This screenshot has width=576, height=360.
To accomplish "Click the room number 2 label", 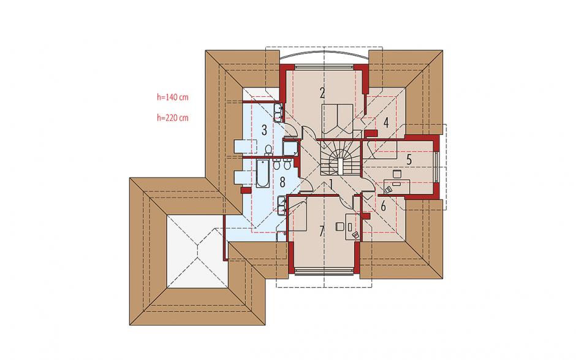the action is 322,93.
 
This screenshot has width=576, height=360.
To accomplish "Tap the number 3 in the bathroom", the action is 264,130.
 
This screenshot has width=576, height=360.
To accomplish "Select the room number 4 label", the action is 385,123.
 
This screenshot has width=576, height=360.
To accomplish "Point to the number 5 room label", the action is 409,159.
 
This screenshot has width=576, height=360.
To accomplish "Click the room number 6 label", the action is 384,206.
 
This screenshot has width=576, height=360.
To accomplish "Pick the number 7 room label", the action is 322,231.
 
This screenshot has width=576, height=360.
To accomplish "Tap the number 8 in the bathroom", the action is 282,182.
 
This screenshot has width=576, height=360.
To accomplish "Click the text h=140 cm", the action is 173,97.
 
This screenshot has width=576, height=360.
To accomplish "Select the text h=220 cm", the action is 173,118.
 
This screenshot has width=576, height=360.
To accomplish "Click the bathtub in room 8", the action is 263,173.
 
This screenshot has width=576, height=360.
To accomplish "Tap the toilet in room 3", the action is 268,150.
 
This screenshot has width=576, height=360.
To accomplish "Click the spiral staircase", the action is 339,158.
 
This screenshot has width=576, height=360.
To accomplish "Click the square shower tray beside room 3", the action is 290,147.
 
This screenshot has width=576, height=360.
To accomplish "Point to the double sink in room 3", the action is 278,112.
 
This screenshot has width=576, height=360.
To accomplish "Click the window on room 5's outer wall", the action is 437,167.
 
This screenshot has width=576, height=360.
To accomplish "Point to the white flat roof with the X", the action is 198,251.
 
